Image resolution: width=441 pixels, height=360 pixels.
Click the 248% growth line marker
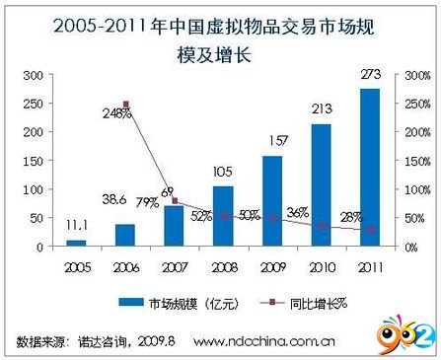[x=126, y=104]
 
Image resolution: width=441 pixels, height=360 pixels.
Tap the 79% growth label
[x=148, y=203]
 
